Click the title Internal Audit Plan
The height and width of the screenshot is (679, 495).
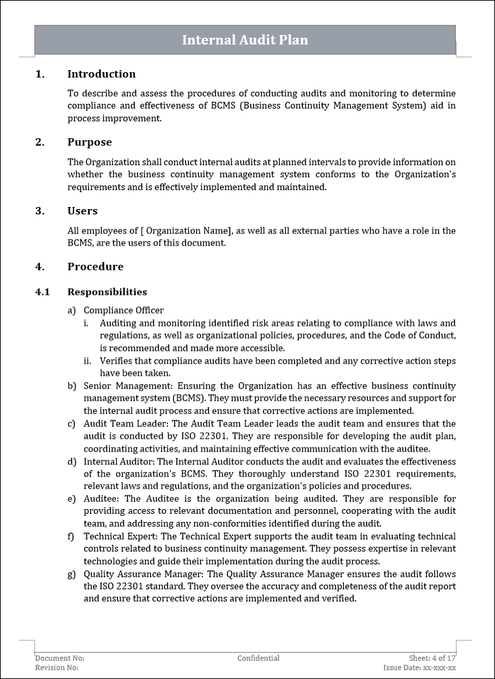pyautogui.click(x=245, y=40)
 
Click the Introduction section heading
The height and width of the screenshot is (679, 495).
pyautogui.click(x=101, y=74)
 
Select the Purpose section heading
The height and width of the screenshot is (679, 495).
pyautogui.click(x=90, y=142)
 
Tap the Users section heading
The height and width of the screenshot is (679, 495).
pyautogui.click(x=82, y=211)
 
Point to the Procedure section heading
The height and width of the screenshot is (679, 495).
pyautogui.click(x=95, y=266)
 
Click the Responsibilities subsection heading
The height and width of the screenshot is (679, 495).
pyautogui.click(x=107, y=292)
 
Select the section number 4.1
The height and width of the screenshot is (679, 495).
pyautogui.click(x=42, y=292)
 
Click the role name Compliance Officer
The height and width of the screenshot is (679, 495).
pyautogui.click(x=123, y=310)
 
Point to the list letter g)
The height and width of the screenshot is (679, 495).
pyautogui.click(x=71, y=574)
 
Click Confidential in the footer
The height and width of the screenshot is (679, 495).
pyautogui.click(x=258, y=658)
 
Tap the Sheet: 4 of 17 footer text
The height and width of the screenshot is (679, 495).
pyautogui.click(x=432, y=658)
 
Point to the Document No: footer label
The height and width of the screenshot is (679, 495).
pyautogui.click(x=60, y=658)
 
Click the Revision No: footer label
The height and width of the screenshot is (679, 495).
pyautogui.click(x=57, y=668)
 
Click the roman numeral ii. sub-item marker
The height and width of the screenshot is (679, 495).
pyautogui.click(x=88, y=361)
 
